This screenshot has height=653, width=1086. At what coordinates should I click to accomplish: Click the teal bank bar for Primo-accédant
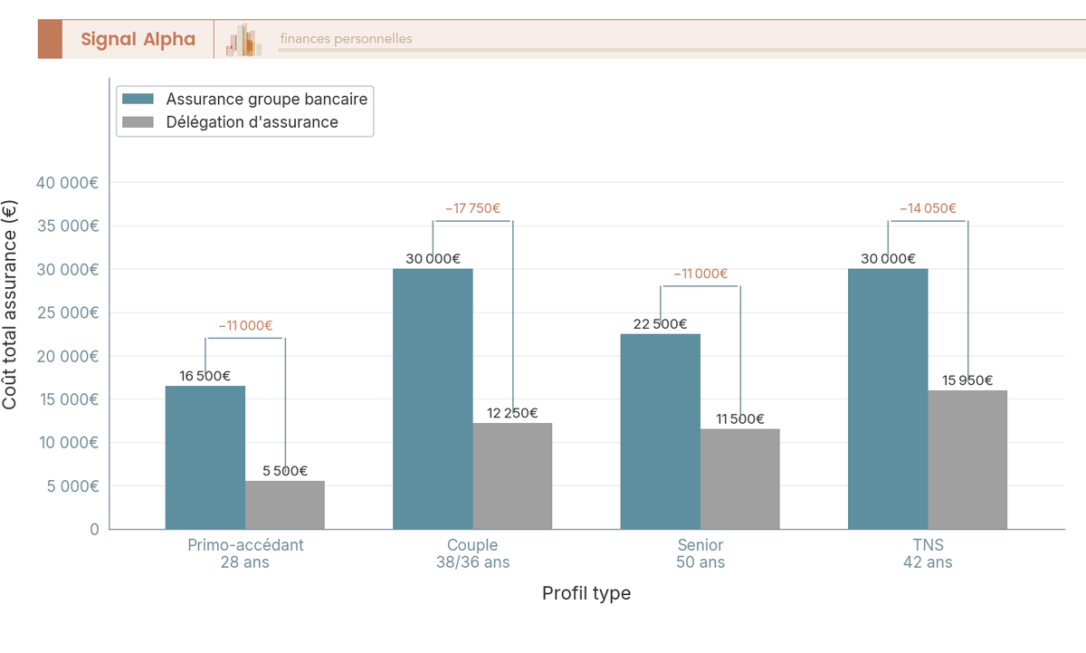(205, 457)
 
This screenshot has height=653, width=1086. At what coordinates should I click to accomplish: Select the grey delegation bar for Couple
(512, 475)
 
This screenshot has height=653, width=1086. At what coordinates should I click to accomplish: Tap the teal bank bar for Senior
(660, 431)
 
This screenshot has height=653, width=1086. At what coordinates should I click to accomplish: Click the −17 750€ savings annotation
(472, 208)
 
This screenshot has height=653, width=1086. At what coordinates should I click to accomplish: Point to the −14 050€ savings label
(928, 208)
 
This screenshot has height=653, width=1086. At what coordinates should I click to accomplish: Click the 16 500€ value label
(205, 376)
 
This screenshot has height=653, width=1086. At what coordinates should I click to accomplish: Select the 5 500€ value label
(285, 471)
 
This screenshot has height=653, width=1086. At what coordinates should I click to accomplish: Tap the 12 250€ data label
(512, 413)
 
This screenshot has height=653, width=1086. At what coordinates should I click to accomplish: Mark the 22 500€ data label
(660, 324)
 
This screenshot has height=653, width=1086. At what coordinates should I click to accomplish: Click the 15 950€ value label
(967, 380)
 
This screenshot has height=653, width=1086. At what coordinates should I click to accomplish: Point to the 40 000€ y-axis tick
(67, 183)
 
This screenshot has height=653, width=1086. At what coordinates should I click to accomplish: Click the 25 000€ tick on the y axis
(67, 312)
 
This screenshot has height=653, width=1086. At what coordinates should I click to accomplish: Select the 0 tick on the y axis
(94, 529)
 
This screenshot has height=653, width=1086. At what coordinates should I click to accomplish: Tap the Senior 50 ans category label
(700, 553)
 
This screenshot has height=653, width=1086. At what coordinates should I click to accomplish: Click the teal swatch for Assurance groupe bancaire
(138, 99)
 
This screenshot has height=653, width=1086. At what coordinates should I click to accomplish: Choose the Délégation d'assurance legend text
(252, 122)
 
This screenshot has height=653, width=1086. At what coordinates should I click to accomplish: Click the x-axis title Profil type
(586, 593)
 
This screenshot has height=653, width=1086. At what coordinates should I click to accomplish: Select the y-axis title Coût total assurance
(10, 304)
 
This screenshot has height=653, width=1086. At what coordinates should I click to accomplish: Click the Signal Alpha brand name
(138, 39)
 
